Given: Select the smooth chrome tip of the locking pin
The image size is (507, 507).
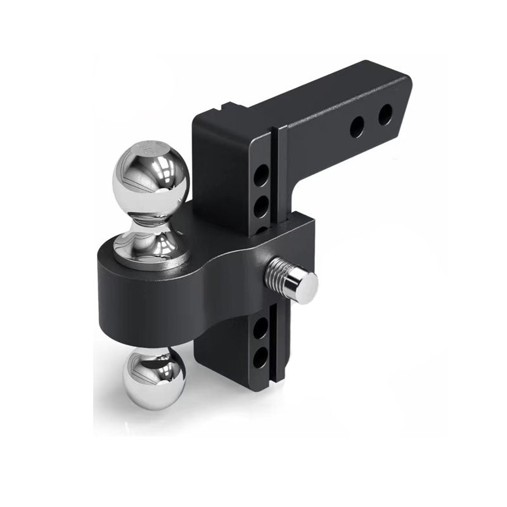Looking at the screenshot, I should [x=303, y=286].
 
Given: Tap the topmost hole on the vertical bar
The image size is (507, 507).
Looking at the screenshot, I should [x=261, y=175].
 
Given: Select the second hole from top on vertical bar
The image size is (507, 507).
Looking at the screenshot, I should [x=261, y=206].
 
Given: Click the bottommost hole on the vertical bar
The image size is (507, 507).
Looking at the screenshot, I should [x=261, y=358].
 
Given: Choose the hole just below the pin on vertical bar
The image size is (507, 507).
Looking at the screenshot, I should [x=261, y=328].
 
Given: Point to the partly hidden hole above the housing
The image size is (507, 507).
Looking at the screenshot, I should [x=261, y=229].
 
